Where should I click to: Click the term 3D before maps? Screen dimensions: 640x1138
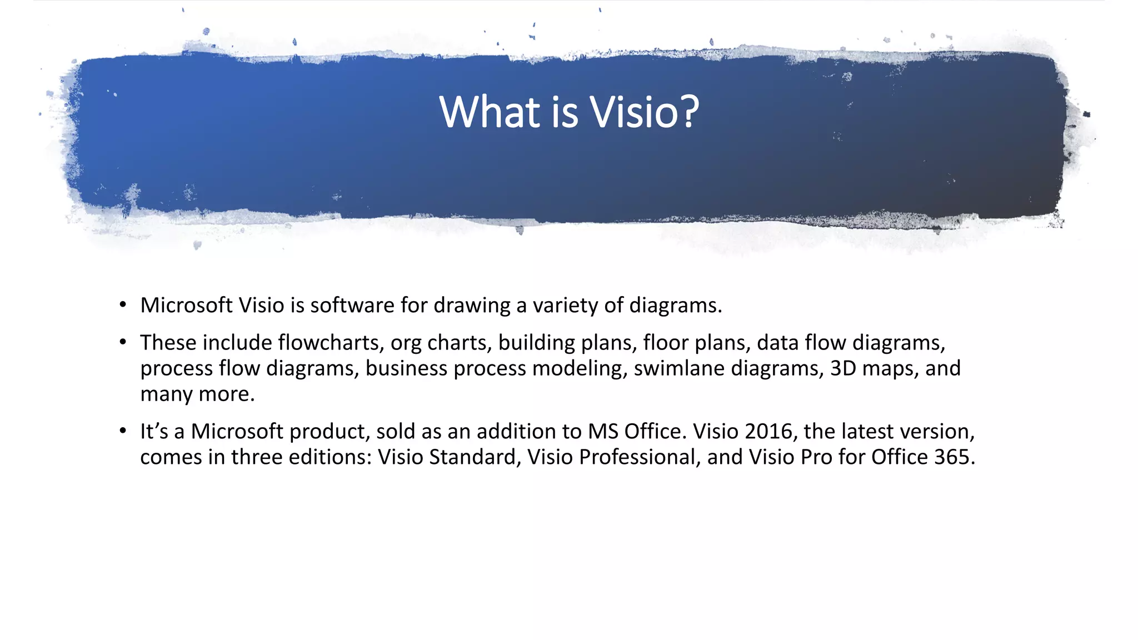click(x=843, y=368)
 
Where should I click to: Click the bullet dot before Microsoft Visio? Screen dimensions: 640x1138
click(x=123, y=305)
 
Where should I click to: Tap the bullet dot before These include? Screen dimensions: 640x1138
click(x=123, y=342)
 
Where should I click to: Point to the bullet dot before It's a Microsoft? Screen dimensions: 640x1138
click(x=123, y=431)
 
